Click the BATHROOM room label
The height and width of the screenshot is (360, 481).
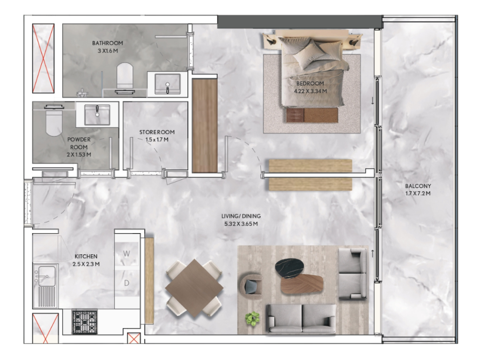108,43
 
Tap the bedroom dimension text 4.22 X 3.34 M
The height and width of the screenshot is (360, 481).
310,91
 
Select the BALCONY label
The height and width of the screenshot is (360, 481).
418,186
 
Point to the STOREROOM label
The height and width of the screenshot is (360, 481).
157,132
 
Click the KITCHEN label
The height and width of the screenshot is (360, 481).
86,256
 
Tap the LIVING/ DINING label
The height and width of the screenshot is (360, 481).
241,216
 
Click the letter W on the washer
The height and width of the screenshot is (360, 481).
126,254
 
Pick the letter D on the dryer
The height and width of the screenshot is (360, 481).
126,283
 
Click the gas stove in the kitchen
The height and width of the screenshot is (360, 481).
85,322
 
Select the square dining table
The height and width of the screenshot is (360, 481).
194,289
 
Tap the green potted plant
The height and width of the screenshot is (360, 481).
253,319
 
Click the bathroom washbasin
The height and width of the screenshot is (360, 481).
168,84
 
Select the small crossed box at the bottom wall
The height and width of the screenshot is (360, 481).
134,338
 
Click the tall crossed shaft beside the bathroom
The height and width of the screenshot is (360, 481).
43,58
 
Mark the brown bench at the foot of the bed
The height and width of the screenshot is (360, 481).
312,115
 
